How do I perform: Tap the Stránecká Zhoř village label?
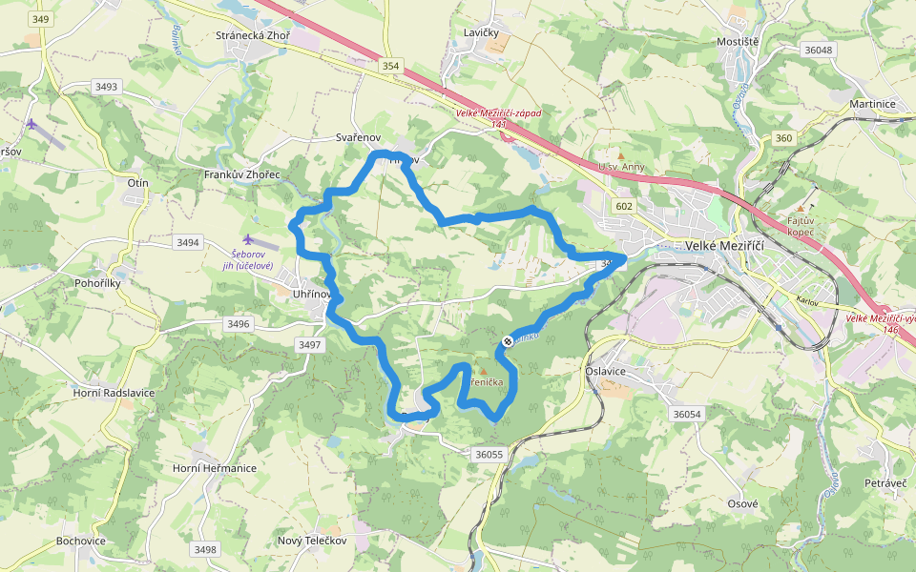click(252, 36)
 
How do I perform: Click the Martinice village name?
click(873, 103)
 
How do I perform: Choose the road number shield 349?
click(39, 19)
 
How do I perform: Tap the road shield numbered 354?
click(391, 66)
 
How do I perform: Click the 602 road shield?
click(624, 207)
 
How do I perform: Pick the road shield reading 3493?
click(106, 87)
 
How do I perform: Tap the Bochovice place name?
click(80, 541)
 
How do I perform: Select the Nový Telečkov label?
click(311, 541)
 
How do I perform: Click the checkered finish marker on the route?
click(508, 341)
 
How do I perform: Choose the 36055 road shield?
click(488, 454)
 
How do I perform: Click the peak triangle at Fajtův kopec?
click(801, 208)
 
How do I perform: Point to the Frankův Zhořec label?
click(242, 175)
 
